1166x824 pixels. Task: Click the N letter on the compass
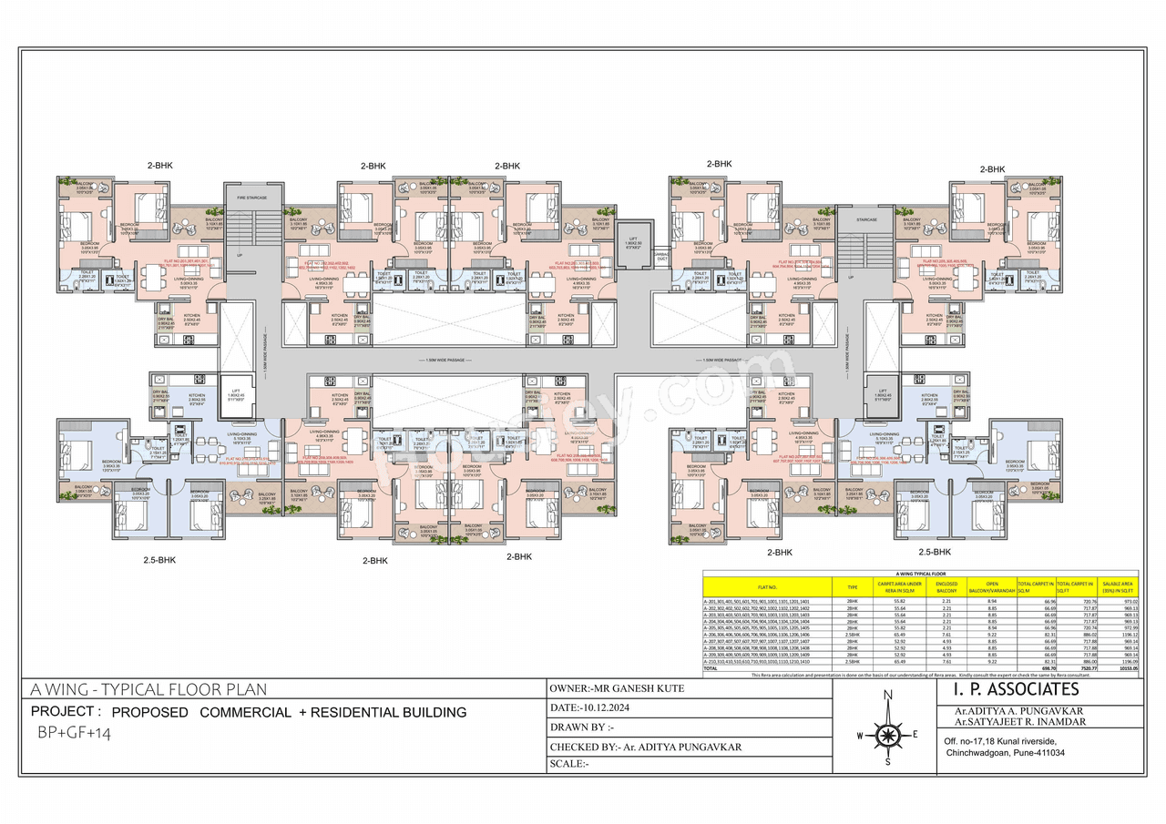pyautogui.click(x=887, y=697)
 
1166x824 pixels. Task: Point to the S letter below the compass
pyautogui.click(x=887, y=763)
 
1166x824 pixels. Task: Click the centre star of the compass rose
pyautogui.click(x=887, y=731)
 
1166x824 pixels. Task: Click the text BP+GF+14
pyautogui.click(x=74, y=733)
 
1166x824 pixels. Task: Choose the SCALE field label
pyautogui.click(x=569, y=764)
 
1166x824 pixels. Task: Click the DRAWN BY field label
pyautogui.click(x=583, y=727)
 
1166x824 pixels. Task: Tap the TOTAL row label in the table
pyautogui.click(x=711, y=667)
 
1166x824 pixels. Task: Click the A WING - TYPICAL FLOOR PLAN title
pyautogui.click(x=149, y=689)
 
